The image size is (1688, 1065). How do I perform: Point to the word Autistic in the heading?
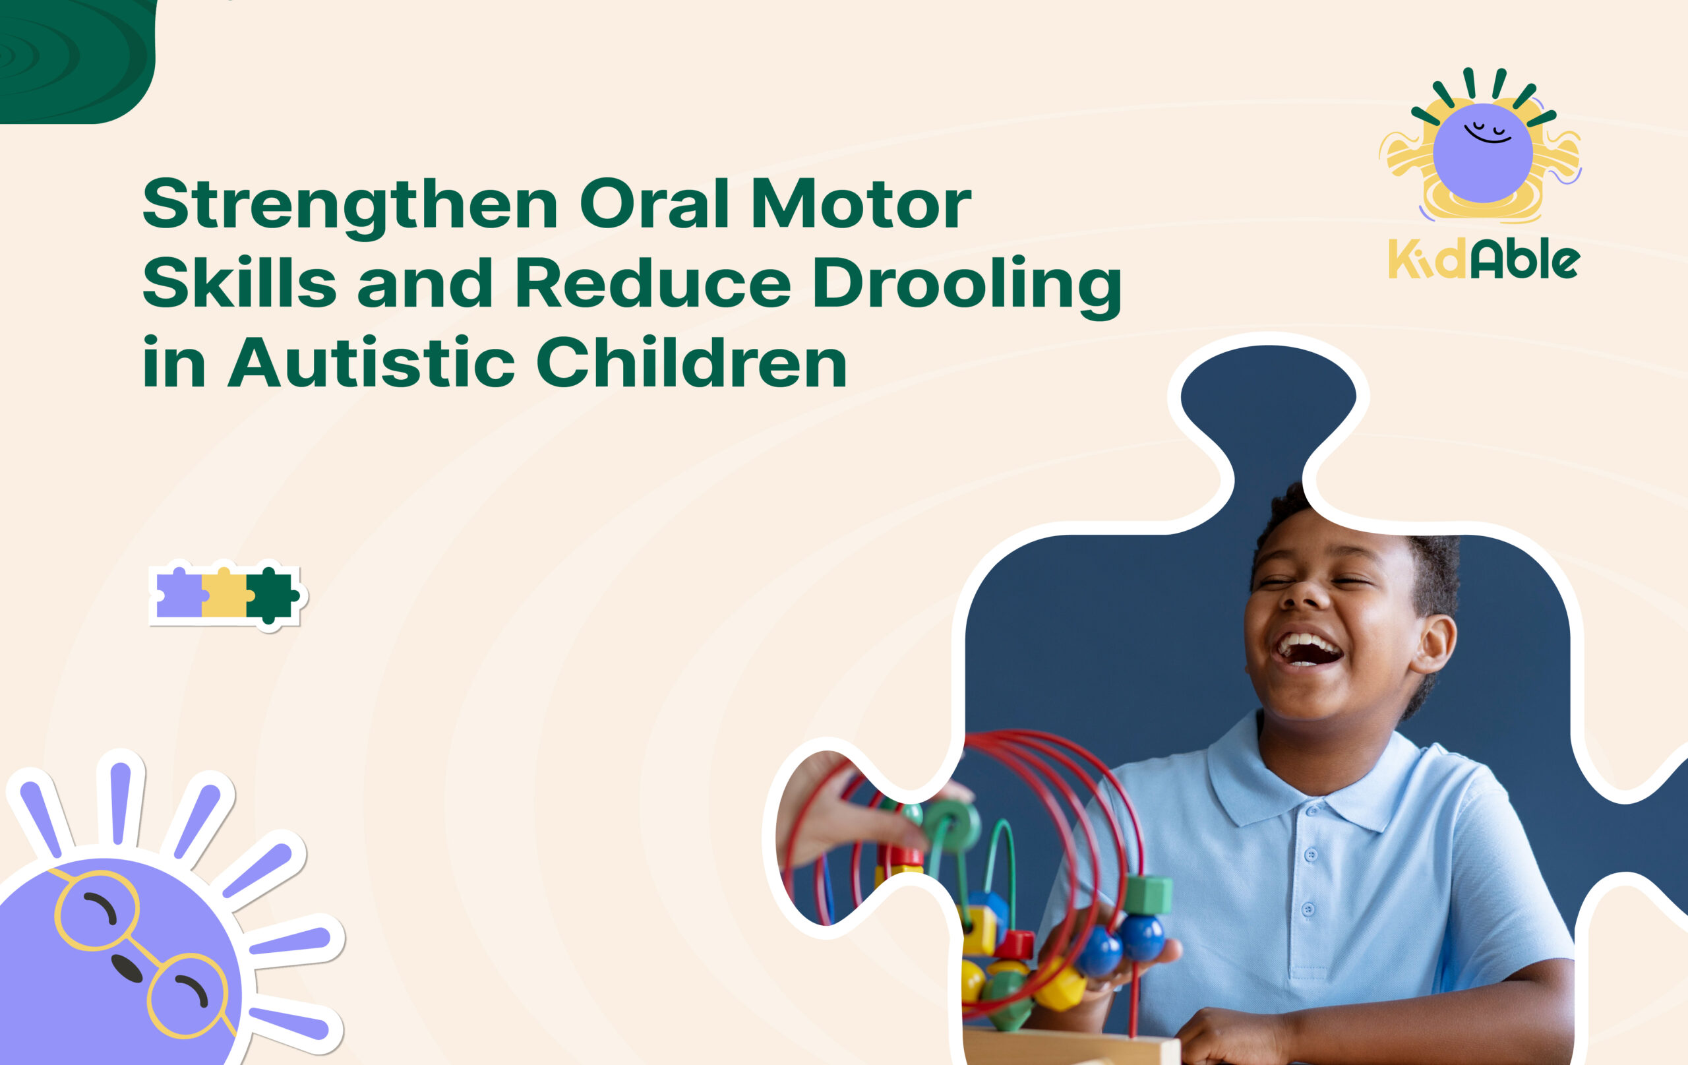click(371, 363)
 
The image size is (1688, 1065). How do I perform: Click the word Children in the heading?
click(691, 363)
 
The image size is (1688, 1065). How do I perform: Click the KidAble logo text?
click(1484, 260)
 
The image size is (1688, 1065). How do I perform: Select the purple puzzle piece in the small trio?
click(179, 595)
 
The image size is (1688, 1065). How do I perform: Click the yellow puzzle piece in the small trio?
click(224, 595)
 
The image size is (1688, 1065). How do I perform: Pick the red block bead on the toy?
click(1015, 944)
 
